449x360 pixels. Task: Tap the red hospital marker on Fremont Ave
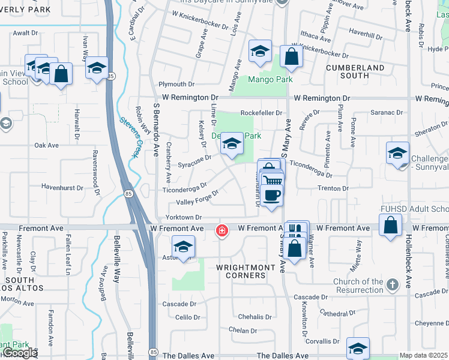222,230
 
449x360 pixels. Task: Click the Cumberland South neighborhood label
355,71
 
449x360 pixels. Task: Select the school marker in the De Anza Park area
232,144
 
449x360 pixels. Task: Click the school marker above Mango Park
261,52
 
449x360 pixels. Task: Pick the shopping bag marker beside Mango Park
291,57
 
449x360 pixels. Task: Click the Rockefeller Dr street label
261,112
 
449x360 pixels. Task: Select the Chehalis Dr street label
255,316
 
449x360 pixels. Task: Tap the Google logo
20,353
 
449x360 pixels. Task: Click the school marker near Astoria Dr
184,247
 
